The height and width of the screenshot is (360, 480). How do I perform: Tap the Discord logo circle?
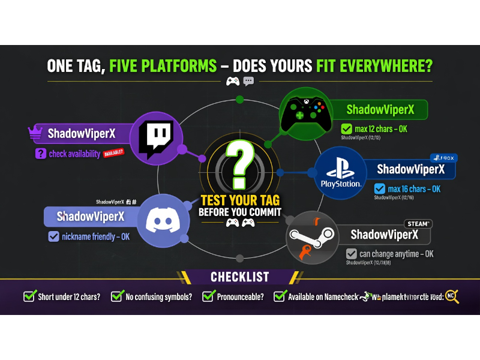(163, 220)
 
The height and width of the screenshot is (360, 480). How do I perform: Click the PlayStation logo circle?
(340, 173)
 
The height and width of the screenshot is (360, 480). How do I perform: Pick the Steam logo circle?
(312, 238)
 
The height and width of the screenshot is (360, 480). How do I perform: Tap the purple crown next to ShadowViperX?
(35, 133)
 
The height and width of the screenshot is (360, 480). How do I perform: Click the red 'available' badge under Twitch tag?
(113, 153)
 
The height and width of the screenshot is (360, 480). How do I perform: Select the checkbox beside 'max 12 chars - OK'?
(346, 128)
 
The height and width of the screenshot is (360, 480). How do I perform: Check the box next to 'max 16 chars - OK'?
(379, 188)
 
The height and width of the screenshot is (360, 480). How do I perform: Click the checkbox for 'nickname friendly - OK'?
(53, 236)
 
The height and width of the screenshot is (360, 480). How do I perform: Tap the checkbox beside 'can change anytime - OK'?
(351, 254)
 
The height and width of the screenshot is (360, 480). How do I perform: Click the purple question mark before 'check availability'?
(40, 154)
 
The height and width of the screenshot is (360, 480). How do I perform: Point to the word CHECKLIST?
(239, 277)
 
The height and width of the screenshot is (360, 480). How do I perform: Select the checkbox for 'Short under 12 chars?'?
(29, 296)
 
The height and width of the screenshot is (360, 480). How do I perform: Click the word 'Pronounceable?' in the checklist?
(240, 296)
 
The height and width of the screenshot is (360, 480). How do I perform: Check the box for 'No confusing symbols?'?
(116, 296)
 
